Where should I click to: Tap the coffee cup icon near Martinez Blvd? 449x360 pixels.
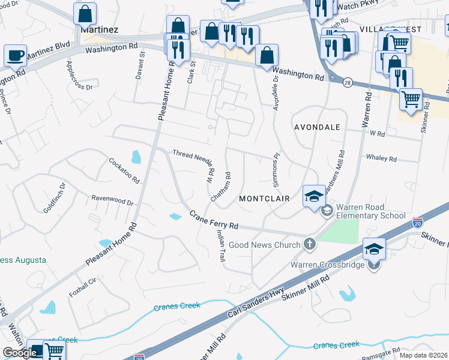click(15, 55)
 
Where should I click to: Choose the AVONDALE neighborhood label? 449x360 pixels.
click(317, 128)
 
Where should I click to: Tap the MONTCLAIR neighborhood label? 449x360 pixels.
click(264, 198)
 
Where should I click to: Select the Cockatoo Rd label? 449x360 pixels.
click(124, 170)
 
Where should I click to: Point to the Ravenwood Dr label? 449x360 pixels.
click(112, 199)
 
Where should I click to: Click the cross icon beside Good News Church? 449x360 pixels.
click(309, 244)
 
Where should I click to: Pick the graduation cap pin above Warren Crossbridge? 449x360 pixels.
click(373, 248)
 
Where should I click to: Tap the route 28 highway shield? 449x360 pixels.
click(348, 83)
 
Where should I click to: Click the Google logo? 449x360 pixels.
click(20, 353)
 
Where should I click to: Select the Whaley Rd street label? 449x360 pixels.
click(381, 159)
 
